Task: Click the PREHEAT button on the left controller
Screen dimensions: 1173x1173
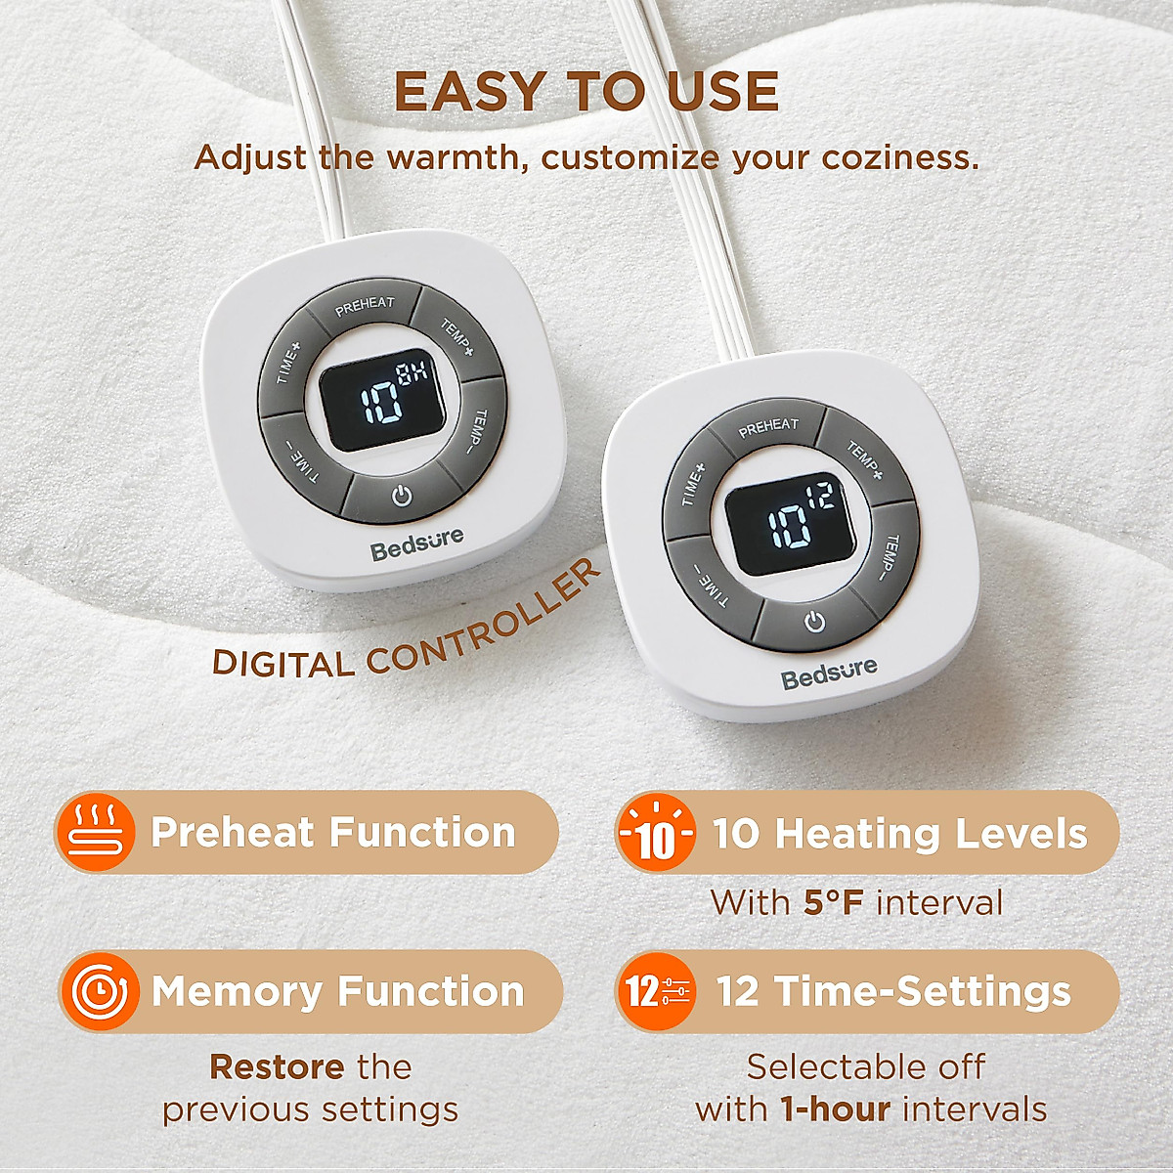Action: [x=364, y=307]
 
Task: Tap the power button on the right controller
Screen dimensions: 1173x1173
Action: [x=814, y=622]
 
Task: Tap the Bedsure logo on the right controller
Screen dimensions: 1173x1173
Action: [x=829, y=673]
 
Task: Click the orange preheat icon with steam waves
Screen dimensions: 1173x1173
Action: [x=95, y=832]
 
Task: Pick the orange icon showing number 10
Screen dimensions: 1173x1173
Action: [x=656, y=834]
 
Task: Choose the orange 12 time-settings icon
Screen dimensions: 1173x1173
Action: [x=656, y=991]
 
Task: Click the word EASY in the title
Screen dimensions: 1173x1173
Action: [x=469, y=93]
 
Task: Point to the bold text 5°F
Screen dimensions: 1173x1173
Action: [x=834, y=902]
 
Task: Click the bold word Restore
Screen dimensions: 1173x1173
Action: [x=277, y=1066]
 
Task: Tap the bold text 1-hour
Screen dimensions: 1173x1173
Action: [x=835, y=1109]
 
